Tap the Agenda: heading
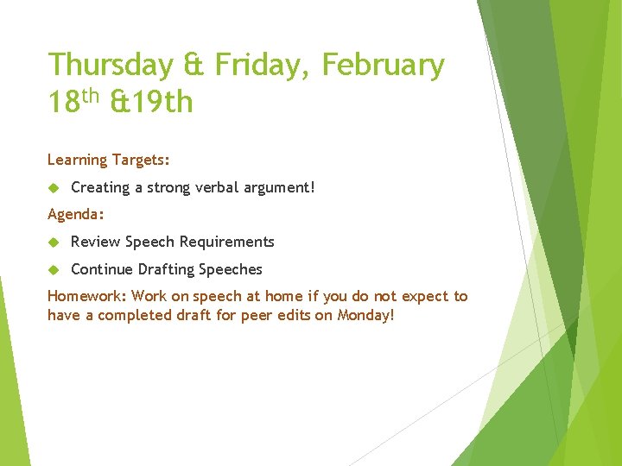click(x=75, y=214)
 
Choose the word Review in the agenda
click(x=96, y=242)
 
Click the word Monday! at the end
click(x=365, y=315)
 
